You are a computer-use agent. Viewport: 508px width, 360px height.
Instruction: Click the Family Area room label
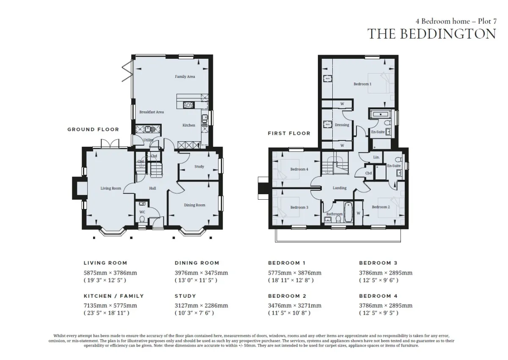185,77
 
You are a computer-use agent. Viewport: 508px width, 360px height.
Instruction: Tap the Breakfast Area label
152,112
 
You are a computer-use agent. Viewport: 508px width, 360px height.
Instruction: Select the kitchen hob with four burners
189,105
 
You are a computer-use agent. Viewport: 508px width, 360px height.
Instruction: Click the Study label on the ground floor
199,167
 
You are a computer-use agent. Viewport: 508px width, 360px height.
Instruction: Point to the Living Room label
110,188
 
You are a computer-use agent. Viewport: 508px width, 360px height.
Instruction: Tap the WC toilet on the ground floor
142,220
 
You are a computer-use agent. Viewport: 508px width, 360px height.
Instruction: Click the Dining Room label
195,205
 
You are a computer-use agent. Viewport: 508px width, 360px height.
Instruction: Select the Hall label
152,188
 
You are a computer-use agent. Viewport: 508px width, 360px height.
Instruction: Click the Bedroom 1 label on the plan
362,84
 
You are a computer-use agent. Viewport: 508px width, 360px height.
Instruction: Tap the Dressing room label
342,125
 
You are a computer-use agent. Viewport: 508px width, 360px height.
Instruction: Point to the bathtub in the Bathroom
348,212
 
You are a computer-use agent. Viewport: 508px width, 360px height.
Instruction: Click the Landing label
340,188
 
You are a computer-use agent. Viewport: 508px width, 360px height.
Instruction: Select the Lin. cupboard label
376,157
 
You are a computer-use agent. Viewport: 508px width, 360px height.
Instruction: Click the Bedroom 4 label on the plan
299,169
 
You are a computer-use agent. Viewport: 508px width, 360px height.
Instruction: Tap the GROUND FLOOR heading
93,129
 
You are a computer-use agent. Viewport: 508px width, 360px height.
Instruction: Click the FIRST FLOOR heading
289,133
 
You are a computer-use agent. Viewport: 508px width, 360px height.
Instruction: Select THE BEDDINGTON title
432,34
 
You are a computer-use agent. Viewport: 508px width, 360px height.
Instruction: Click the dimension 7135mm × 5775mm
110,305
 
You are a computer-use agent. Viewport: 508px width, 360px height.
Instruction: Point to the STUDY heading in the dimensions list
185,296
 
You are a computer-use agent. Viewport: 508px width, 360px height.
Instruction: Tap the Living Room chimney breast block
78,188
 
